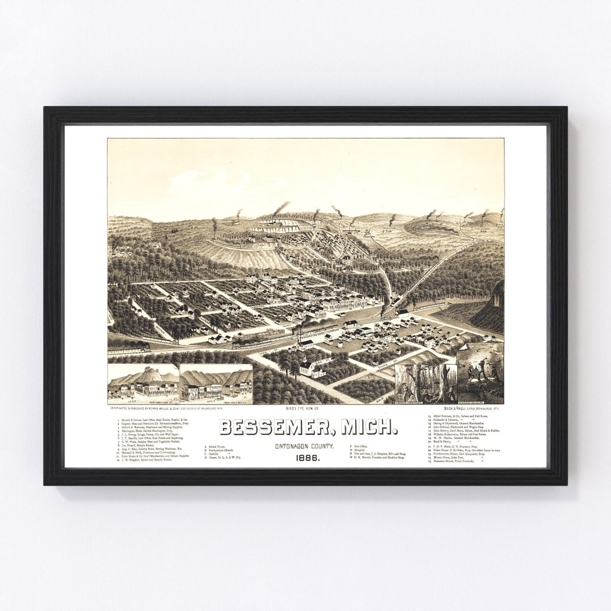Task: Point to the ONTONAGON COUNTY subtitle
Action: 305,446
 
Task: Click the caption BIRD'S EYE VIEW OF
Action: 305,408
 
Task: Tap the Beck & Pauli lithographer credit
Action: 476,407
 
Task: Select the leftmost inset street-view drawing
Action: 143,383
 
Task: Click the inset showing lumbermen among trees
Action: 425,383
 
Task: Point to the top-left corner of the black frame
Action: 45,108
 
